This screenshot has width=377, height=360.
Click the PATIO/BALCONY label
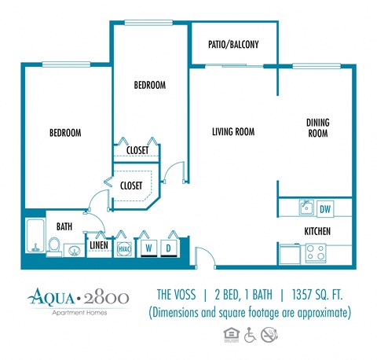pos(234,45)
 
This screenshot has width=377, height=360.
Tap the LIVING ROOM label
pos(233,131)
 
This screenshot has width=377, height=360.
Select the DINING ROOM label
pos(317,128)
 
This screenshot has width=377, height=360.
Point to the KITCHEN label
pos(317,231)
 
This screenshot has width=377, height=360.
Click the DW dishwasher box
pos(325,208)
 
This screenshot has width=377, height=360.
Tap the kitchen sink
pos(306,208)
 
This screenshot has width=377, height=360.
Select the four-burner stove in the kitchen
pos(315,253)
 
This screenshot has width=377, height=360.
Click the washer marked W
pos(147,248)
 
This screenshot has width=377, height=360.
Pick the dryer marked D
pos(169,248)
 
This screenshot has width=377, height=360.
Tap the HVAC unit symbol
pos(124,248)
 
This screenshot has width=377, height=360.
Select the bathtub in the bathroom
pos(35,236)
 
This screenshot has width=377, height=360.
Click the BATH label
pos(64,226)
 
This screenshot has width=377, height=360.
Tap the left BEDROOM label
pos(65,133)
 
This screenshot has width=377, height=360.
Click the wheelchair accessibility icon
pos(251,334)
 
